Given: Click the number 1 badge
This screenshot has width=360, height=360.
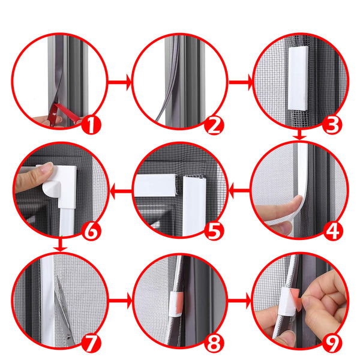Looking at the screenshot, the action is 91,125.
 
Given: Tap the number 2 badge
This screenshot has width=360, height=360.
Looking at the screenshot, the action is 214,125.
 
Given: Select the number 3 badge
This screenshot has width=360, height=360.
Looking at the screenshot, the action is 332,125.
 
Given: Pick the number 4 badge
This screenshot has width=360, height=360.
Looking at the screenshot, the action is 332,231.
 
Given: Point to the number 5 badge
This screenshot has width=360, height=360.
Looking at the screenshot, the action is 214,230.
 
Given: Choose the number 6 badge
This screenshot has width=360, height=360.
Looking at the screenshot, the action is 91,231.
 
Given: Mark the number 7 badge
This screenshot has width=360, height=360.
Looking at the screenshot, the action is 91,343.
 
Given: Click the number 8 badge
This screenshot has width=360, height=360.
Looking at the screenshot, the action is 214,343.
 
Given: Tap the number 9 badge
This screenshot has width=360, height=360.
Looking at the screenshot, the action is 332,343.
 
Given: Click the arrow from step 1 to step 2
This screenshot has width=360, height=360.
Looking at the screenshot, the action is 119,82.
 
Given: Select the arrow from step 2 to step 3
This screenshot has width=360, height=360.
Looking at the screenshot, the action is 241,82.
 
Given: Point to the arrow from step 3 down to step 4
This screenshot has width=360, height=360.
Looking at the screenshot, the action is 299,135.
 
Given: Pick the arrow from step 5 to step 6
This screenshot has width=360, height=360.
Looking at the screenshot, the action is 121,191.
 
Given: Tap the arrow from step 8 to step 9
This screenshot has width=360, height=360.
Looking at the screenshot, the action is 239,301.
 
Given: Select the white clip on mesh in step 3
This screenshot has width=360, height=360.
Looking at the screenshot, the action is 298,78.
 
